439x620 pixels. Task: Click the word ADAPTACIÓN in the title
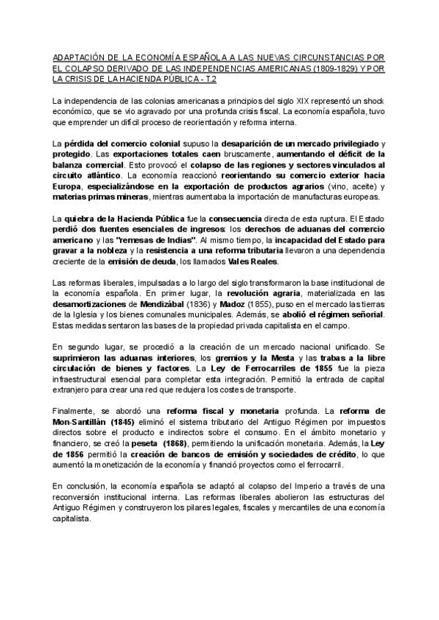click(x=78, y=56)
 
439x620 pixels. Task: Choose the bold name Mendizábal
click(x=171, y=305)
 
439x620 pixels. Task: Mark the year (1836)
click(x=210, y=305)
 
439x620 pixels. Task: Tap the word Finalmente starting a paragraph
click(x=75, y=413)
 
